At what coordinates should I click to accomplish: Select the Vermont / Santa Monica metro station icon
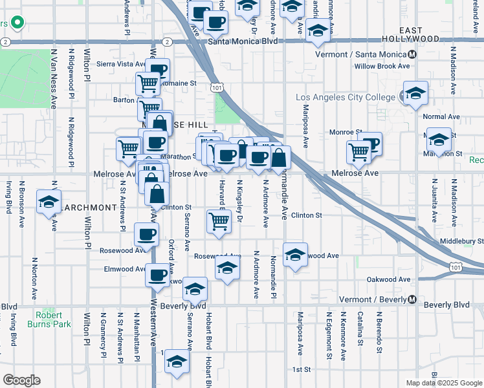tap(412, 54)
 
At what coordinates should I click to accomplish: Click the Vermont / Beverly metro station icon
tap(412, 299)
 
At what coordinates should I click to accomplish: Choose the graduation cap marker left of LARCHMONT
tap(49, 202)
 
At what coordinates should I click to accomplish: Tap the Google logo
tap(21, 380)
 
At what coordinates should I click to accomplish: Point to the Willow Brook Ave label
tap(382, 66)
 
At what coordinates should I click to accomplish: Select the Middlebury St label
tap(461, 241)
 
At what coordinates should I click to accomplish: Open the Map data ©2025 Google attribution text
tap(444, 383)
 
